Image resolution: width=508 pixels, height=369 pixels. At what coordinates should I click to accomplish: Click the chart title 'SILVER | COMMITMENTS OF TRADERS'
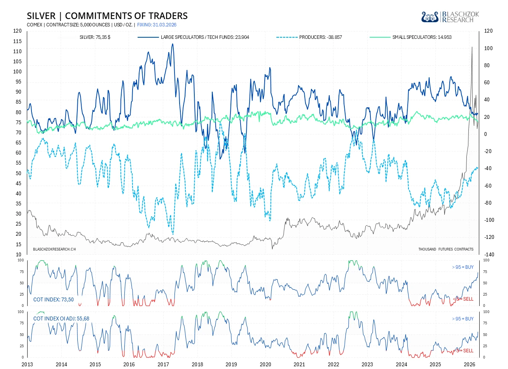coord(107,16)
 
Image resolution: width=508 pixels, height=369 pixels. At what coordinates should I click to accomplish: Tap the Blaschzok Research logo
coord(450,17)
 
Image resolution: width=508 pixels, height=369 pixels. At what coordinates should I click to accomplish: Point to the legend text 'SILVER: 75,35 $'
coord(95,37)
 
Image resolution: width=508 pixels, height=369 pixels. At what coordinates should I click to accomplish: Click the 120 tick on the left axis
coord(17,31)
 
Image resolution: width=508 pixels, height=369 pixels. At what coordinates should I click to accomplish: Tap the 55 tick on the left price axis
coord(19,163)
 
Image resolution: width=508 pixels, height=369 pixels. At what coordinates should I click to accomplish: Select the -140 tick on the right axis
coord(489,254)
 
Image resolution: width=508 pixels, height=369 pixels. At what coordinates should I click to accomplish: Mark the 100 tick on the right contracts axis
coord(488,48)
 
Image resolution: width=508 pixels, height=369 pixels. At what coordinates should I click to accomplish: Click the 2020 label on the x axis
coord(265,364)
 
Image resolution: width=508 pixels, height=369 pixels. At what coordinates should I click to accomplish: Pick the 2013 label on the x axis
coord(27,364)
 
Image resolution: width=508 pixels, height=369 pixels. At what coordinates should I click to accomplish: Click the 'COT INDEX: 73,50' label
coord(54,299)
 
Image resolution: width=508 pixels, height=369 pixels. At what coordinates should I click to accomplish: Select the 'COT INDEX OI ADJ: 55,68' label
coord(61,319)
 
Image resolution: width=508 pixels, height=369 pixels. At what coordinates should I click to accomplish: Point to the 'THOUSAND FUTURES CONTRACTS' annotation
coord(446,249)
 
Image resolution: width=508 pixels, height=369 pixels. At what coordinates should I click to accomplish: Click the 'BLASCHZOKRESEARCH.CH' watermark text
coord(54,249)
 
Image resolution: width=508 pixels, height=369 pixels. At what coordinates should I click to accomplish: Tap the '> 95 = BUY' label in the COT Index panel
coord(463,267)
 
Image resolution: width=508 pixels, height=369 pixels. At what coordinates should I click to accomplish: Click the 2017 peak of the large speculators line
coord(172,44)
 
